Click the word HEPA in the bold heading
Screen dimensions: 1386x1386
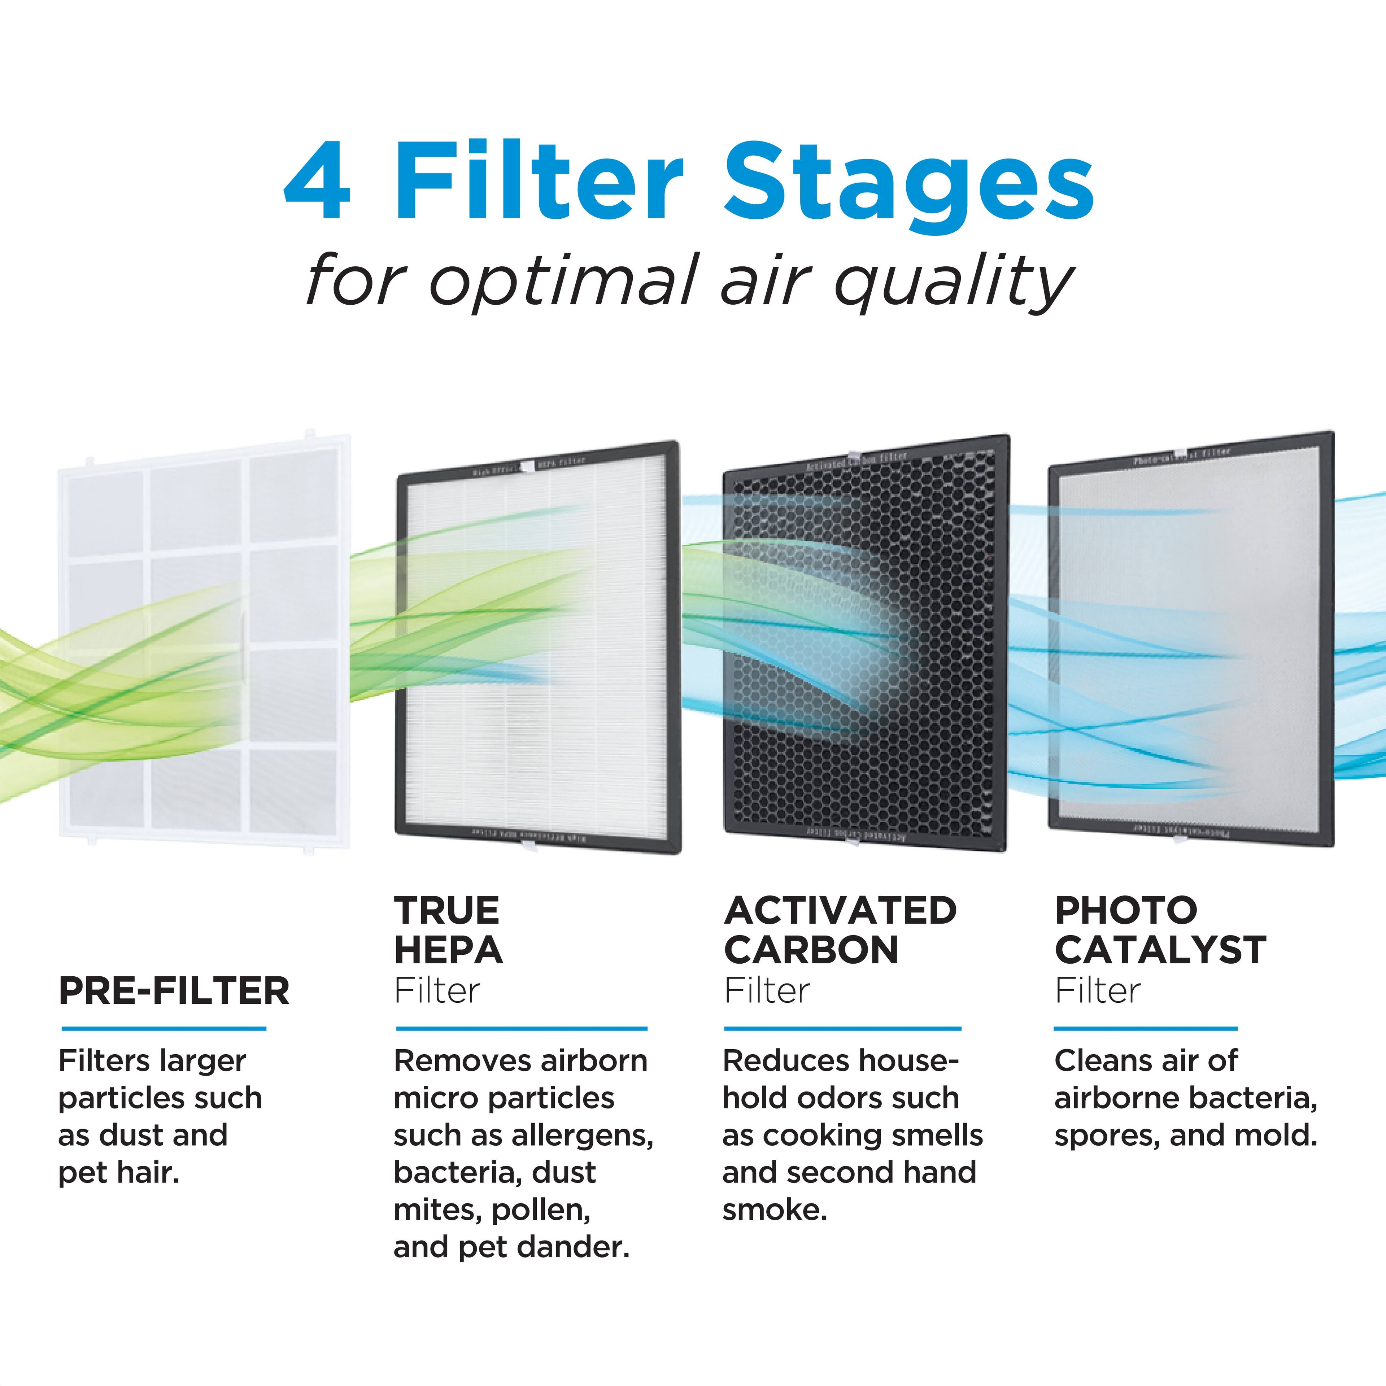click(x=448, y=951)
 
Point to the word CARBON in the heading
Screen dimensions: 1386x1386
click(x=811, y=951)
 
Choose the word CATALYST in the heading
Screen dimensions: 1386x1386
click(x=1160, y=951)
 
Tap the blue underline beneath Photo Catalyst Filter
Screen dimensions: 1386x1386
click(x=1146, y=1029)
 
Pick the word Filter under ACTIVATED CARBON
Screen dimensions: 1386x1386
click(x=767, y=991)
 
